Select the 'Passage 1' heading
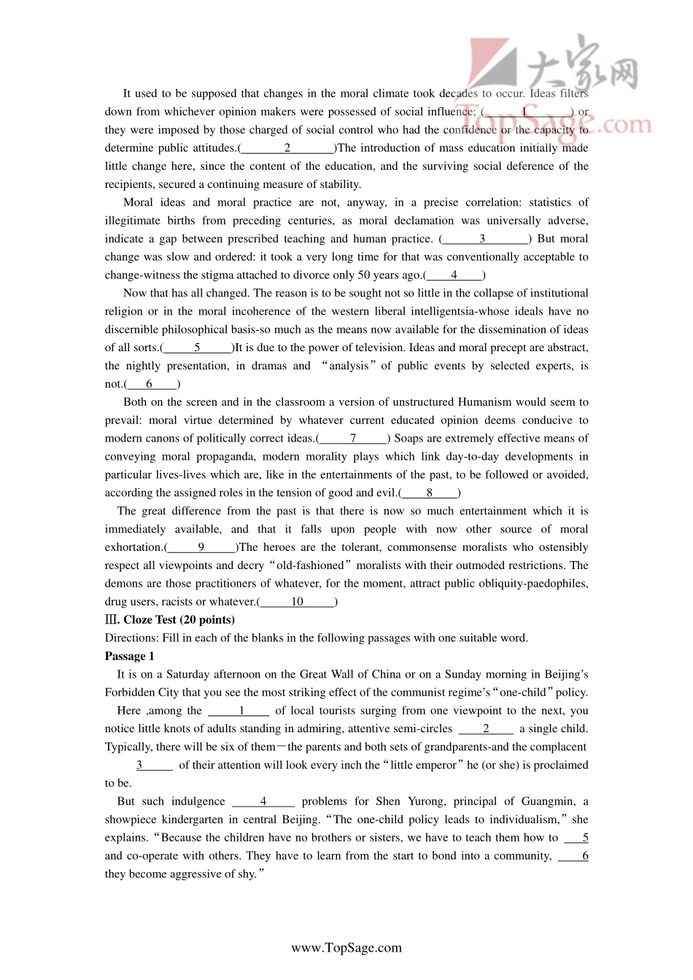point(130,656)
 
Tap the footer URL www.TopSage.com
point(346,948)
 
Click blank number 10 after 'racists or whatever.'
point(297,602)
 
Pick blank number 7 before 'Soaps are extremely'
point(353,439)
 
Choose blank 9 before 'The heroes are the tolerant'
point(201,547)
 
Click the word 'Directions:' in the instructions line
point(131,638)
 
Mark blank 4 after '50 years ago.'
point(454,275)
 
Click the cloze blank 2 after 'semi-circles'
point(486,729)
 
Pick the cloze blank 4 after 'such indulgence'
point(263,801)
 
